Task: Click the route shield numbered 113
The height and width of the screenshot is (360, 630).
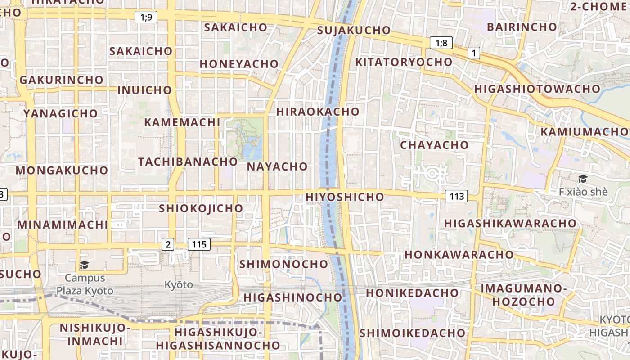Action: click(x=456, y=196)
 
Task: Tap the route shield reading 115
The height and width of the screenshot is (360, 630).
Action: click(x=199, y=244)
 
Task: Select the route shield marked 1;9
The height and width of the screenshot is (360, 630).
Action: click(x=146, y=18)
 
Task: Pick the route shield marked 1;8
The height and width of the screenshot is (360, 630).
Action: click(x=441, y=43)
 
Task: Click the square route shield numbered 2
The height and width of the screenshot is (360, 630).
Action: click(x=168, y=244)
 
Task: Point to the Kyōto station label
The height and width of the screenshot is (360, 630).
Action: click(x=178, y=284)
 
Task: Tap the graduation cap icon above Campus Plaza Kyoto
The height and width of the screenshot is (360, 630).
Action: click(x=84, y=264)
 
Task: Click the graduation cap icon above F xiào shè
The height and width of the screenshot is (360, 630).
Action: click(x=583, y=179)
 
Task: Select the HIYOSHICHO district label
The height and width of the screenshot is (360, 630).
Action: click(x=345, y=197)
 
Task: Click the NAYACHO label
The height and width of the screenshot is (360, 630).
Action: click(x=277, y=166)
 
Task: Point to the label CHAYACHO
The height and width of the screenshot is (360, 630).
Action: click(x=434, y=145)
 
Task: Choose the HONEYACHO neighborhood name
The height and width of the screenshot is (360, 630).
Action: click(x=239, y=64)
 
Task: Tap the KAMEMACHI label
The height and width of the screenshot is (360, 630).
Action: click(x=182, y=122)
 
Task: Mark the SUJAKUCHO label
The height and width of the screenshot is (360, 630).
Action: click(x=354, y=30)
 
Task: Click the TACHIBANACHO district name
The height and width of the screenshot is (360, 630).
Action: click(x=188, y=162)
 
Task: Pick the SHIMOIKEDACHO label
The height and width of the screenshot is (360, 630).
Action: click(x=412, y=333)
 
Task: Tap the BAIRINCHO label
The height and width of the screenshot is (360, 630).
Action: click(x=522, y=27)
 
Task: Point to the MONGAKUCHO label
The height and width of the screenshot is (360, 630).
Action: click(x=62, y=171)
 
